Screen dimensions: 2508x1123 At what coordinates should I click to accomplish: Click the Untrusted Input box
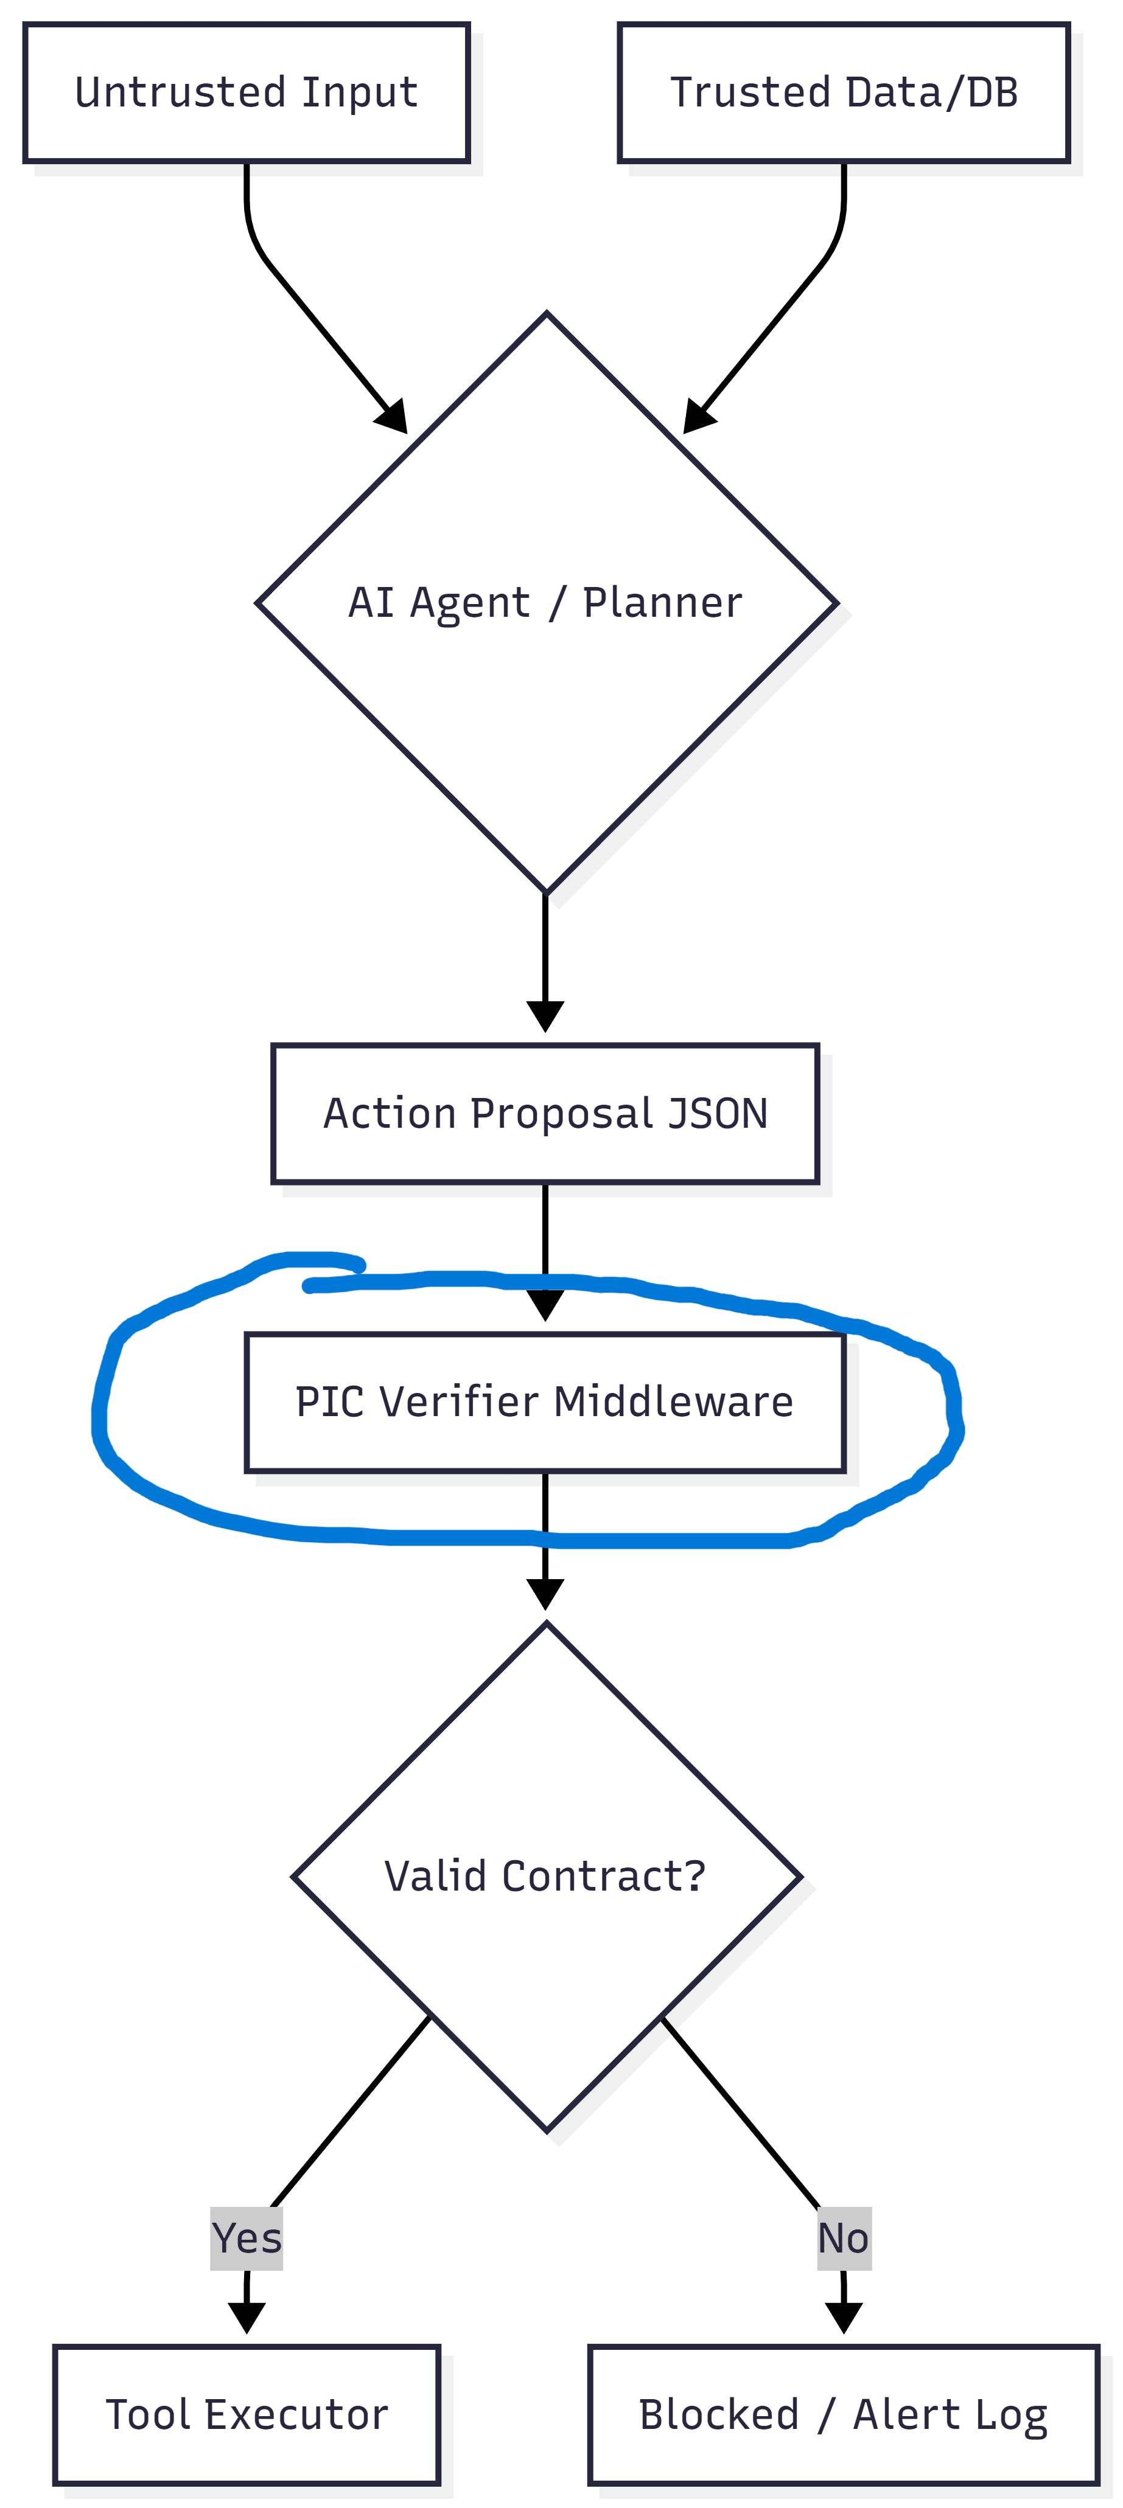click(x=247, y=92)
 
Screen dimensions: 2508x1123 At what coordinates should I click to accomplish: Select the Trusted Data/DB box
click(x=844, y=92)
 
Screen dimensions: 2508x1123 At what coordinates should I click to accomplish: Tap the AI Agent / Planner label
click(x=545, y=603)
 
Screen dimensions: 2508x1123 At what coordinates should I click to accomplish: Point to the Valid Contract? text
click(x=545, y=1876)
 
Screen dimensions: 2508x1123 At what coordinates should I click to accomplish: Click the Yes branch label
click(x=247, y=2239)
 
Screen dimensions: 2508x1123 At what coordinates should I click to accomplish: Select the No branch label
click(x=844, y=2239)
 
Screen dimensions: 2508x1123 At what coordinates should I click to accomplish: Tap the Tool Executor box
click(x=247, y=2414)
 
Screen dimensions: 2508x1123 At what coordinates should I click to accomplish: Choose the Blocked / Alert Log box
click(x=844, y=2414)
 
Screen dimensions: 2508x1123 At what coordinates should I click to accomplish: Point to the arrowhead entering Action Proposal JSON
click(x=545, y=1015)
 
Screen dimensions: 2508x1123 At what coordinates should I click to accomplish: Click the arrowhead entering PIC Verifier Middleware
click(x=545, y=1305)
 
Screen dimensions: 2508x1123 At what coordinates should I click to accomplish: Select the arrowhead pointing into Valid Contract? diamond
click(x=545, y=1593)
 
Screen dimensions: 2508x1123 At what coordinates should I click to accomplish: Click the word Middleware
click(x=673, y=1402)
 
